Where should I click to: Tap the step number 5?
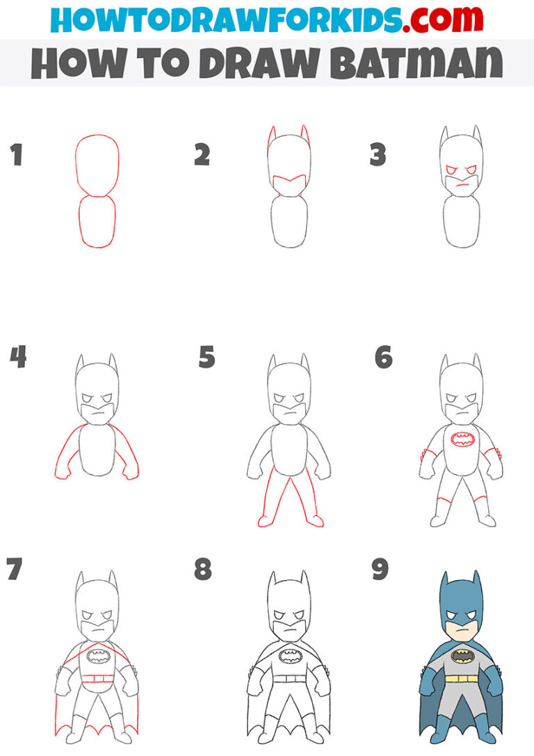click(x=207, y=357)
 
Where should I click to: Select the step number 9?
click(x=380, y=569)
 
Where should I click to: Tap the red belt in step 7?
click(x=97, y=677)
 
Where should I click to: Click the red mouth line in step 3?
click(x=459, y=185)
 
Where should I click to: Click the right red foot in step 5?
click(x=316, y=520)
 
